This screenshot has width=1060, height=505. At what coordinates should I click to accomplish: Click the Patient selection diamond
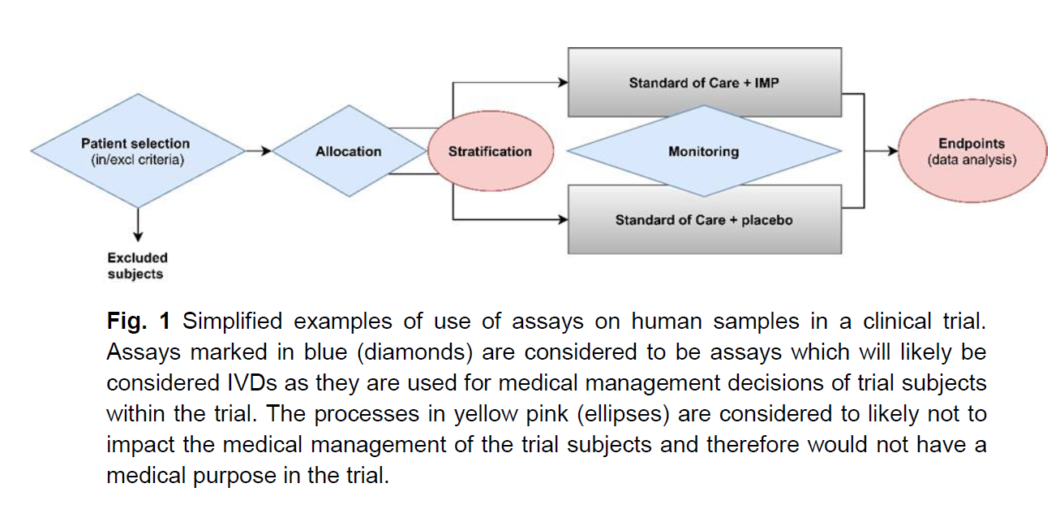coord(137,151)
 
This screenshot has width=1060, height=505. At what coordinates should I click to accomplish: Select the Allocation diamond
coord(349,151)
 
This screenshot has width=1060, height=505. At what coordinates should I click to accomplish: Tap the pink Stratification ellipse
coord(490,151)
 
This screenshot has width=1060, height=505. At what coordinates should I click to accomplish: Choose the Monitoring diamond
coord(703,151)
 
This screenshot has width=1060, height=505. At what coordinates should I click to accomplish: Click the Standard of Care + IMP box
coord(703,83)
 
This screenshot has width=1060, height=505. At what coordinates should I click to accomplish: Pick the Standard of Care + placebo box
coord(703,219)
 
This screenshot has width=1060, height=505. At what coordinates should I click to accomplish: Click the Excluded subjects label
coord(137,266)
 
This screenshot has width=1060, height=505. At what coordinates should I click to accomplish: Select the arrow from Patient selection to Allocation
coord(258,151)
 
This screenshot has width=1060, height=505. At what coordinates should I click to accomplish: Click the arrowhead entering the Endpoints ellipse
coord(893,151)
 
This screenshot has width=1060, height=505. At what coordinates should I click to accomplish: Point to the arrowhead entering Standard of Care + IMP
coord(562,83)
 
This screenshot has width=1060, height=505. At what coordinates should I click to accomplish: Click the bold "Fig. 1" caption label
coord(138,322)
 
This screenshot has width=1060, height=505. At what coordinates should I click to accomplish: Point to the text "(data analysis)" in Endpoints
coord(971,160)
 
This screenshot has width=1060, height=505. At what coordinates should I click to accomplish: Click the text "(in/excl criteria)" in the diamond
coord(137,160)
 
